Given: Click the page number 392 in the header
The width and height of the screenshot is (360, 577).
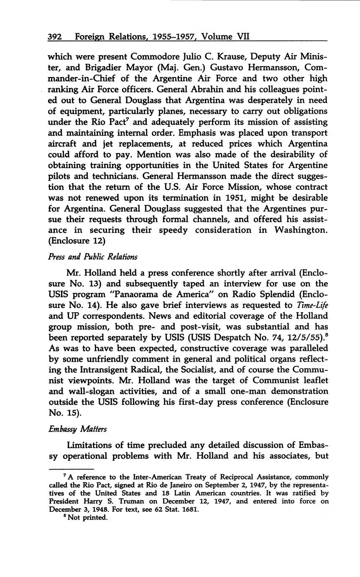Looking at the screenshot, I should pos(55,36).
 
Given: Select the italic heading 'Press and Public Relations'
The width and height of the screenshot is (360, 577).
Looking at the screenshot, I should pos(93,257).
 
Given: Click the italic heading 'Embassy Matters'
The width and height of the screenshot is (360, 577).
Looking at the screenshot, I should pos(77,429).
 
